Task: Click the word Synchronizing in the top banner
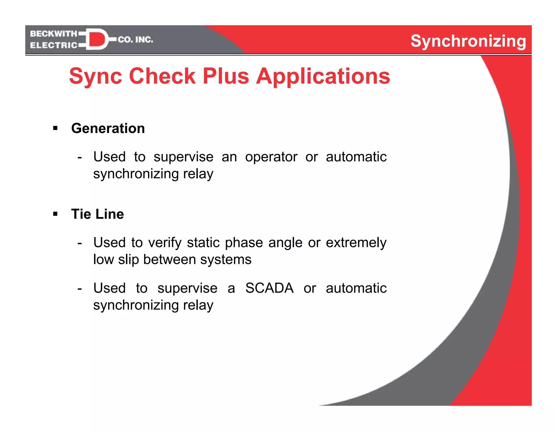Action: click(x=468, y=41)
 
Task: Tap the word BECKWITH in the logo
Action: click(x=54, y=34)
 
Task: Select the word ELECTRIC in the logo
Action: click(x=54, y=45)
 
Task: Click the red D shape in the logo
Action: click(x=97, y=39)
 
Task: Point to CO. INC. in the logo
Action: click(x=135, y=40)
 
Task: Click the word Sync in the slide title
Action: click(x=95, y=76)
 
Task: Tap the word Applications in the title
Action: click(x=323, y=77)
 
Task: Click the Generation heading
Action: click(x=108, y=128)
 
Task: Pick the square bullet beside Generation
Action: click(x=55, y=128)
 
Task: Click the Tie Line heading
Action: click(x=97, y=214)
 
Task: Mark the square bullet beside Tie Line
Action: click(x=55, y=214)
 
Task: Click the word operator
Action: click(x=271, y=157)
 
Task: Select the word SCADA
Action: click(x=269, y=288)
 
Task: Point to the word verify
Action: click(x=165, y=242)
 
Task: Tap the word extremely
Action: click(x=356, y=242)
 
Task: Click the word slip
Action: click(x=128, y=259)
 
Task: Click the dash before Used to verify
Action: click(x=79, y=242)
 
